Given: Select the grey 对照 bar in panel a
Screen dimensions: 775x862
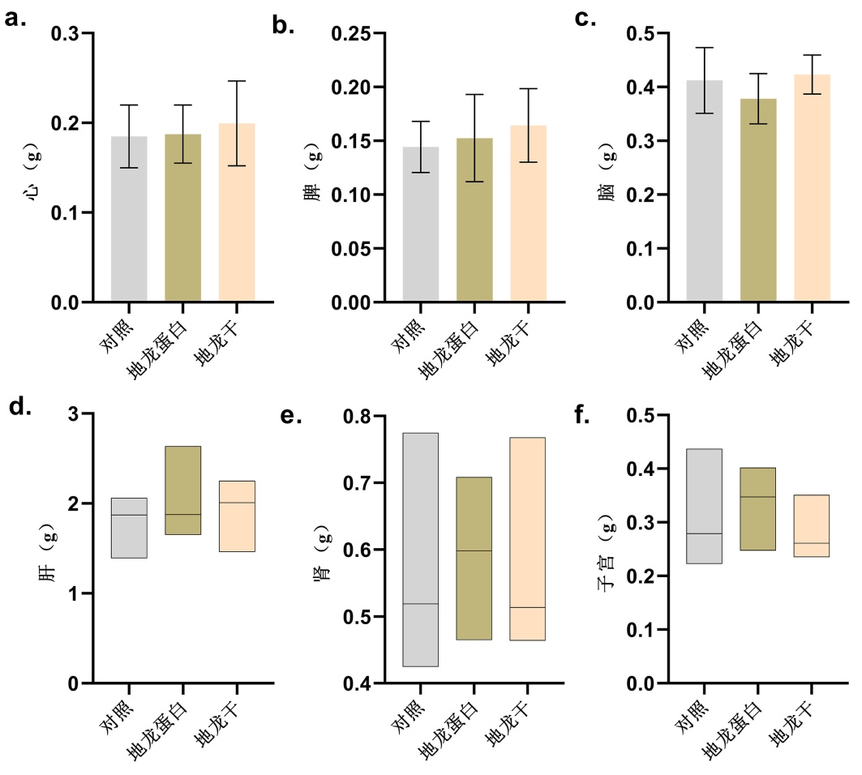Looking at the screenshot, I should pos(129,219).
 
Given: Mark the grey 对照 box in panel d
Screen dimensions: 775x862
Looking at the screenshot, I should pos(129,528).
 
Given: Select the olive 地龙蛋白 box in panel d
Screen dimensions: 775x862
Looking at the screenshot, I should pos(182,490).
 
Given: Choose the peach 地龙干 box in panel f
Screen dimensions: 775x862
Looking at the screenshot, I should pos(811,525).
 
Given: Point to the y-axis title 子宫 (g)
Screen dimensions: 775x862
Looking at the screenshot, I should pos(608,550).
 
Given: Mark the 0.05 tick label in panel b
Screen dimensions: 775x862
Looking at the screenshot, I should pos(361,248).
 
